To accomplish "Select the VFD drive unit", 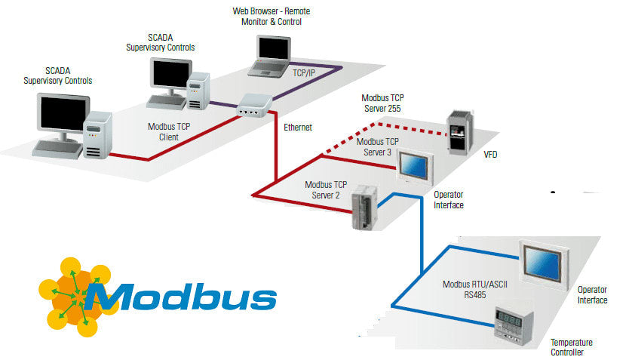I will [x=461, y=133].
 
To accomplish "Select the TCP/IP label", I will [x=303, y=74].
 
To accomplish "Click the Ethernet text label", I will [x=297, y=128].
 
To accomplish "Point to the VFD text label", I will [x=489, y=155].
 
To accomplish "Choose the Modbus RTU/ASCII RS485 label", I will [x=465, y=291].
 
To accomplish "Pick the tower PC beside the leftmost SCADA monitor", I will [x=97, y=135].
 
